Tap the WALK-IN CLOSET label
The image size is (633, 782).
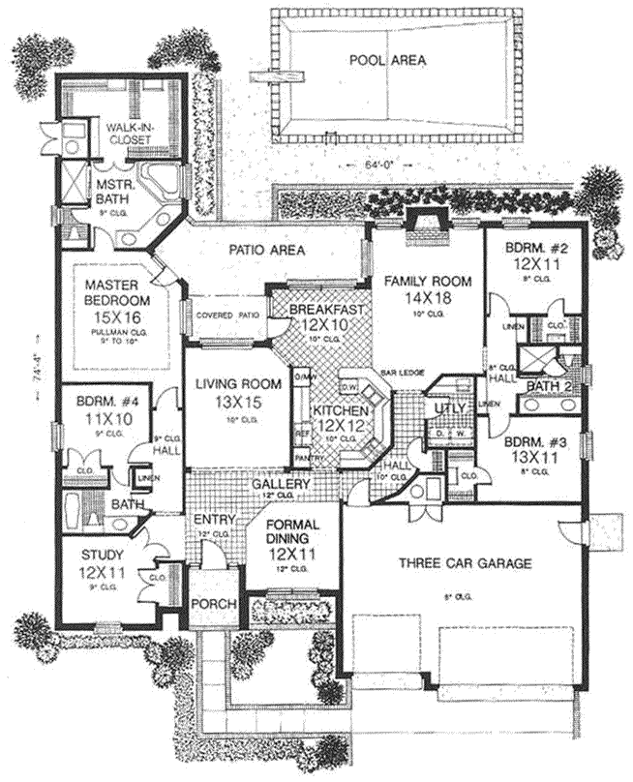[x=135, y=132]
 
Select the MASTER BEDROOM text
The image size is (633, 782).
[x=113, y=291]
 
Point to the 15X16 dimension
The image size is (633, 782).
[x=113, y=316]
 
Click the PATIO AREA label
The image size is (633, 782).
[x=267, y=251]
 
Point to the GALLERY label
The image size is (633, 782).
[x=281, y=483]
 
